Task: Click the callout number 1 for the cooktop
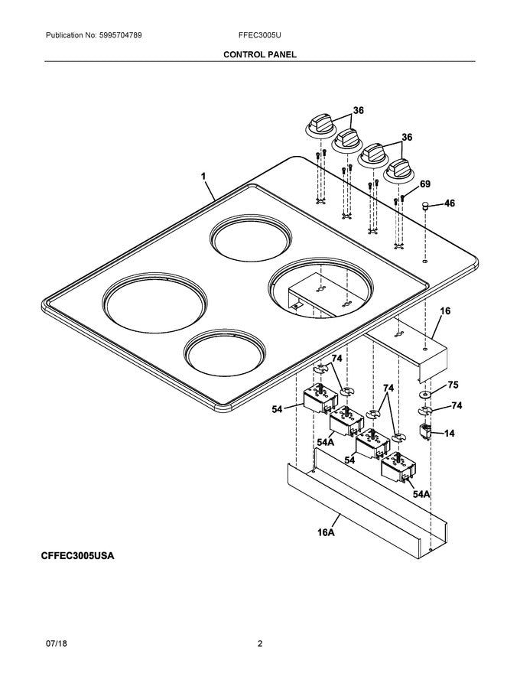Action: point(203,177)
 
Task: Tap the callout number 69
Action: point(425,184)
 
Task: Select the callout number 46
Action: point(449,203)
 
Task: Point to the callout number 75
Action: point(453,386)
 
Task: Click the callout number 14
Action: point(449,433)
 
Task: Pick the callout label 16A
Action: point(327,532)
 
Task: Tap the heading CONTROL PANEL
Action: point(260,55)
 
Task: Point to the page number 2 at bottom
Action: point(260,644)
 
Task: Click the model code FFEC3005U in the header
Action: point(260,36)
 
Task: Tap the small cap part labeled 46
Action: point(422,206)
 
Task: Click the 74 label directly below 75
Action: point(457,405)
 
